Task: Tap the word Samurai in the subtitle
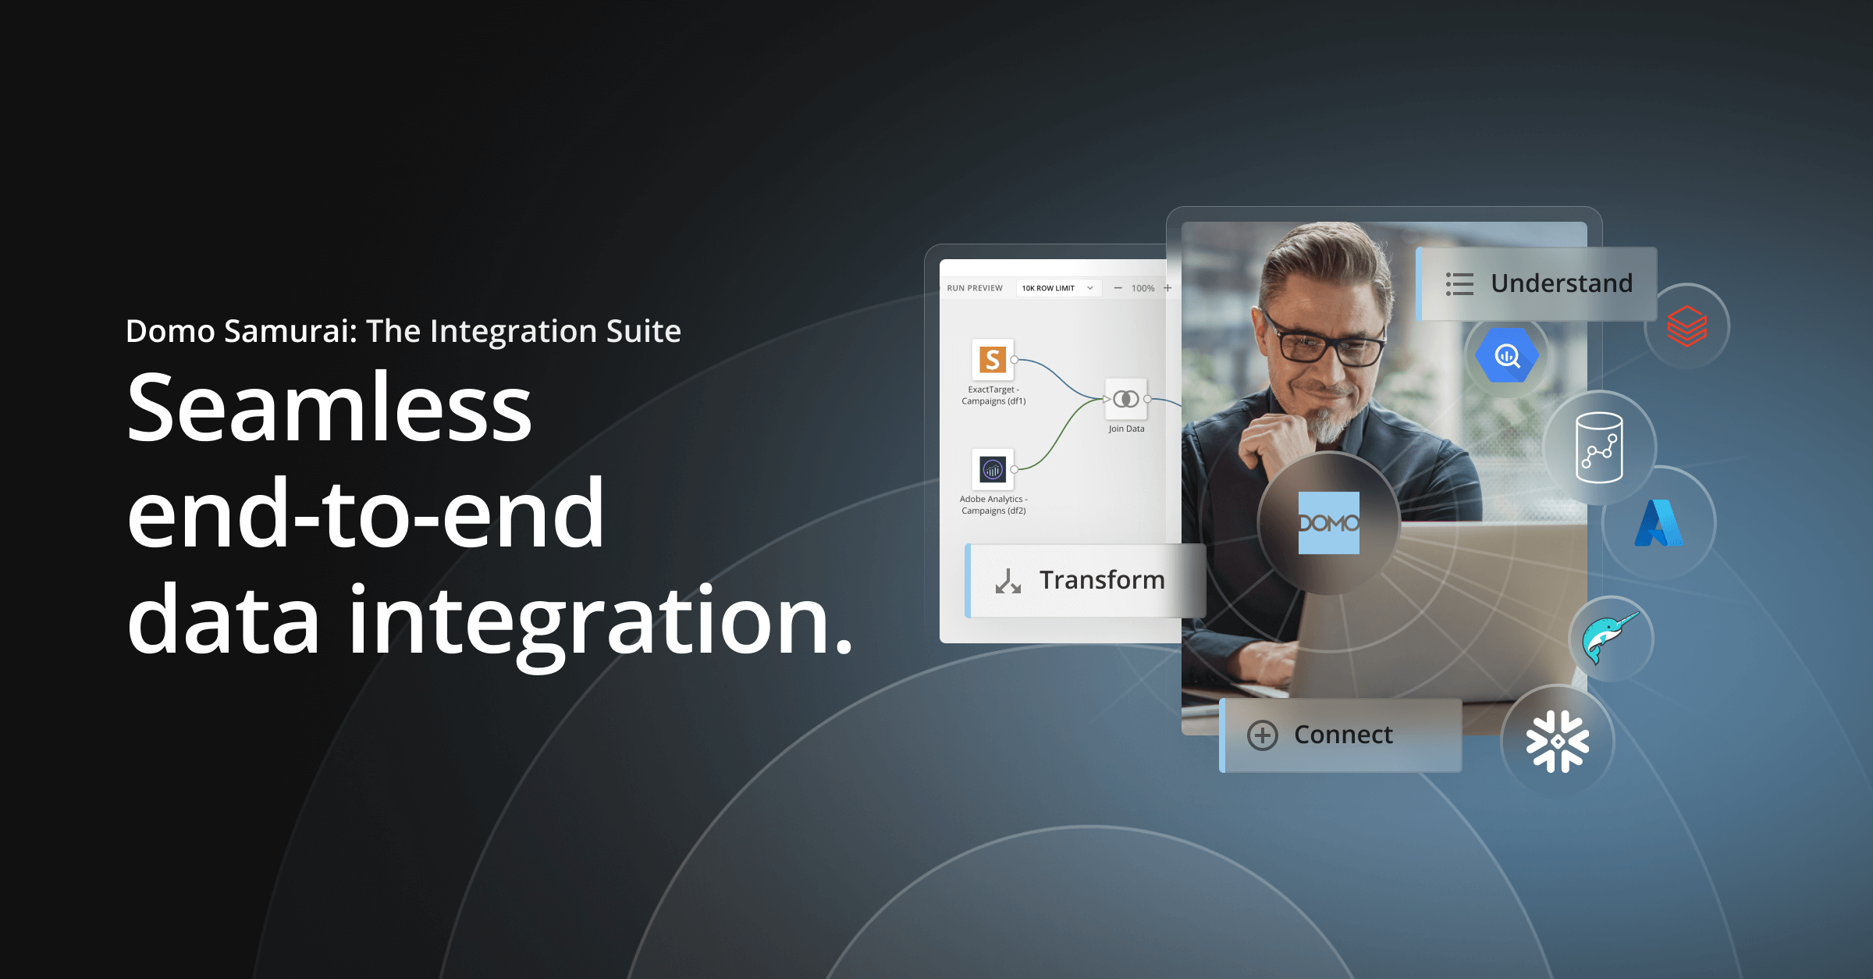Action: tap(290, 331)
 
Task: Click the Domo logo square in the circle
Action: tap(1328, 523)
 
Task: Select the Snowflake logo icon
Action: tap(1557, 742)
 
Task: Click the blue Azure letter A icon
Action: tap(1658, 523)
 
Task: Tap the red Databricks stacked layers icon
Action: tap(1686, 326)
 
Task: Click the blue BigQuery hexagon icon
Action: tap(1506, 356)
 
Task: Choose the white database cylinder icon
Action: tap(1599, 447)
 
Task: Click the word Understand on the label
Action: tap(1562, 283)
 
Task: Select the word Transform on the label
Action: tap(1102, 580)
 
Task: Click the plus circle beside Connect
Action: tap(1262, 735)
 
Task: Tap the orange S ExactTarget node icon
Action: tap(992, 360)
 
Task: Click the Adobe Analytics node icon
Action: tap(992, 469)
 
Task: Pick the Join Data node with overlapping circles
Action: tap(1125, 399)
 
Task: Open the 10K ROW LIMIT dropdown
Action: tap(1058, 288)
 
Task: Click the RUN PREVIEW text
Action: tap(975, 288)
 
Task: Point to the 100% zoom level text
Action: tap(1143, 288)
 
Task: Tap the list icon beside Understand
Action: tap(1459, 284)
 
